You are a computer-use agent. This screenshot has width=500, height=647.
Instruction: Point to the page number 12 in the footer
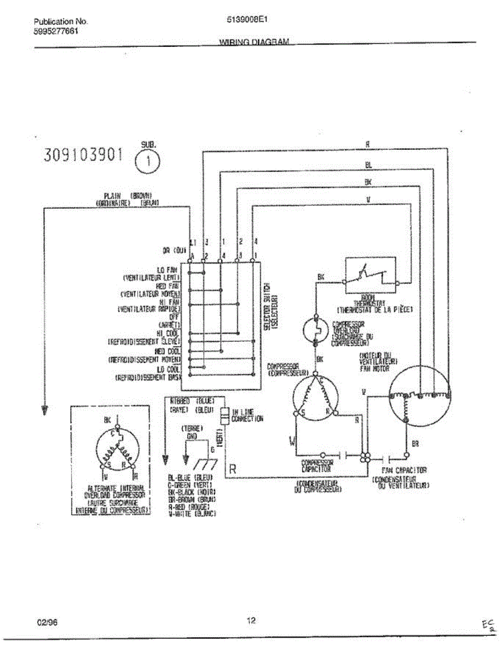coord(251,621)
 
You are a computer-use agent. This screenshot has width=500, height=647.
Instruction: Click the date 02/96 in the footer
coord(47,622)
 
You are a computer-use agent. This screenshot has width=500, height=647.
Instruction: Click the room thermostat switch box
coord(371,272)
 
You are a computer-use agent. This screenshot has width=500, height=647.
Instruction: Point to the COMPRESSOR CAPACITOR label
coord(317,465)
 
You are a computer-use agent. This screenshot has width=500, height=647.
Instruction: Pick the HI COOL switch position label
coord(168,334)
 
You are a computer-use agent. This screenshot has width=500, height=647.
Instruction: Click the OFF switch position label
coord(174,316)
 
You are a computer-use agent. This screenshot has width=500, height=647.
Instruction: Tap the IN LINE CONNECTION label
coord(247,415)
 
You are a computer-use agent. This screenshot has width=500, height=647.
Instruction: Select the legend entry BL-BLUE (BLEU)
coord(191,478)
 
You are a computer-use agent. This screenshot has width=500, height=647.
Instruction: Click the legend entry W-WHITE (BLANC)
coord(192,514)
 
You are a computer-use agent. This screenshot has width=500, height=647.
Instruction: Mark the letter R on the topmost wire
coord(367,144)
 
